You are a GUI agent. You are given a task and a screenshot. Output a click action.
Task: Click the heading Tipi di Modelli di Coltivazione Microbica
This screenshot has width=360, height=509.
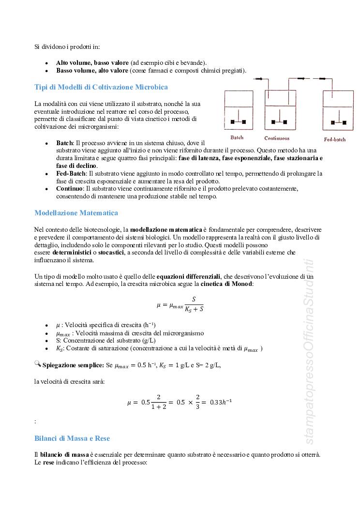coord(101,87)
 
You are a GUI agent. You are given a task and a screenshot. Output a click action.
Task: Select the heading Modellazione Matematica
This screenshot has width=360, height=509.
coord(76,213)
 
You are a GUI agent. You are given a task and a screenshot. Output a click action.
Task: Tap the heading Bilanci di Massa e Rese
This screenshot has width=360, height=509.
coord(72,438)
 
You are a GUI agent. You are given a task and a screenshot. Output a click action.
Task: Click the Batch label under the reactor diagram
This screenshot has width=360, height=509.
coord(237,137)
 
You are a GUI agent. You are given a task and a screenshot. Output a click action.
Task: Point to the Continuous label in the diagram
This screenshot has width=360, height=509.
coord(277,138)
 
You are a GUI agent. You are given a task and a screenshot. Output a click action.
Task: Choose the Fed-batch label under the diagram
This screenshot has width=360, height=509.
coord(335,139)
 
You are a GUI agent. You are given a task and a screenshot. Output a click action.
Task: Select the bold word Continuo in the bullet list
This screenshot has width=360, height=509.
coord(69,188)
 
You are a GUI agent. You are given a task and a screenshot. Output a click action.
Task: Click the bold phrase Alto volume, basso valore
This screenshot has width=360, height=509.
coord(92,63)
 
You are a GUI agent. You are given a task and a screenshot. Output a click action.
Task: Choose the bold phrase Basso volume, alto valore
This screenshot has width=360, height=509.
coord(92,71)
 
